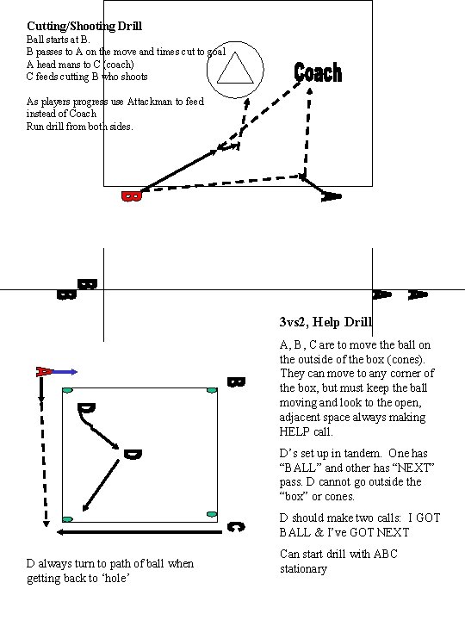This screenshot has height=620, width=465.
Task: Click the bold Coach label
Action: click(x=318, y=73)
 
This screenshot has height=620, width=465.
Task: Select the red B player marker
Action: click(x=131, y=197)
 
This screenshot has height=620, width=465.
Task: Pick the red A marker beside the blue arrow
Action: click(x=43, y=372)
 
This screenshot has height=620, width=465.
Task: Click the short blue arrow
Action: click(x=67, y=372)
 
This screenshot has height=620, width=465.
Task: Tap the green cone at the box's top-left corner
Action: click(x=66, y=392)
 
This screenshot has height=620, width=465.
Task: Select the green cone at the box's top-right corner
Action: click(x=212, y=392)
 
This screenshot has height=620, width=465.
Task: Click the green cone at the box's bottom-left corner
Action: click(x=67, y=520)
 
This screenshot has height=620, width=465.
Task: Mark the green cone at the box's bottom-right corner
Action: click(x=212, y=515)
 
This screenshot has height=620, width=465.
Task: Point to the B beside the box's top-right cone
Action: click(x=234, y=381)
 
